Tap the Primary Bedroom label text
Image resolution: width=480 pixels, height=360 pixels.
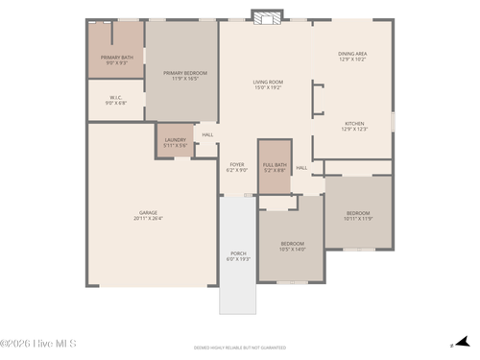pyautogui.click(x=184, y=74)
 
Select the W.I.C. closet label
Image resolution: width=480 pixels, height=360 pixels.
pyautogui.click(x=115, y=99)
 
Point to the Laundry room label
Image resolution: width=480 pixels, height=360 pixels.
pyautogui.click(x=175, y=141)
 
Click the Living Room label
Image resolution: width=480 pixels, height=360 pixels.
pyautogui.click(x=268, y=84)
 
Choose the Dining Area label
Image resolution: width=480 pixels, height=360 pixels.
pyautogui.click(x=351, y=55)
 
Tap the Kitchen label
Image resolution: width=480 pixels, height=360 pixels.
pyautogui.click(x=354, y=124)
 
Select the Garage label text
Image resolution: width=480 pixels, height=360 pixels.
pyautogui.click(x=148, y=213)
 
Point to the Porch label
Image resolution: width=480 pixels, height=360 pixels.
pyautogui.click(x=237, y=254)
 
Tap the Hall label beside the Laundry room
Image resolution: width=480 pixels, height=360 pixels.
pyautogui.click(x=207, y=134)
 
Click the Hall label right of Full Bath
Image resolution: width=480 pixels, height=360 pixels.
pyautogui.click(x=301, y=168)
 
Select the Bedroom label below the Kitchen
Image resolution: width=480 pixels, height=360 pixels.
pyautogui.click(x=358, y=214)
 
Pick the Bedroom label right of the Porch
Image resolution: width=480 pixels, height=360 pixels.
pyautogui.click(x=292, y=245)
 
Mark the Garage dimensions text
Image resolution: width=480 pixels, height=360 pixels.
pyautogui.click(x=148, y=219)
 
